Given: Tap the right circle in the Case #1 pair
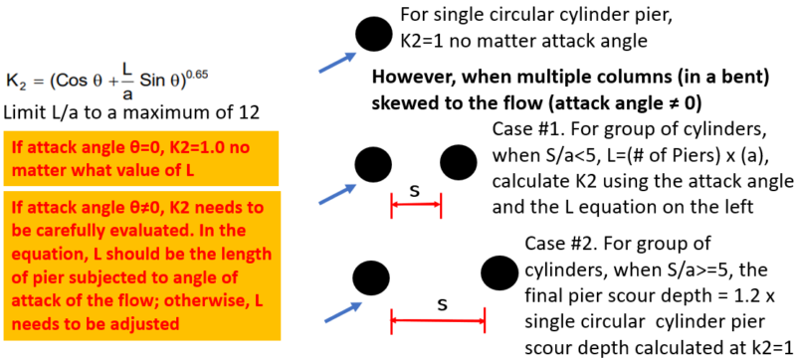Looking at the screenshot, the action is [x=459, y=161].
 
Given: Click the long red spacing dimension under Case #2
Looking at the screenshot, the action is [x=437, y=319].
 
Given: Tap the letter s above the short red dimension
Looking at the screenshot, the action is [x=415, y=189].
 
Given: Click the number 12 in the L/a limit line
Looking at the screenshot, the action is [x=250, y=110].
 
